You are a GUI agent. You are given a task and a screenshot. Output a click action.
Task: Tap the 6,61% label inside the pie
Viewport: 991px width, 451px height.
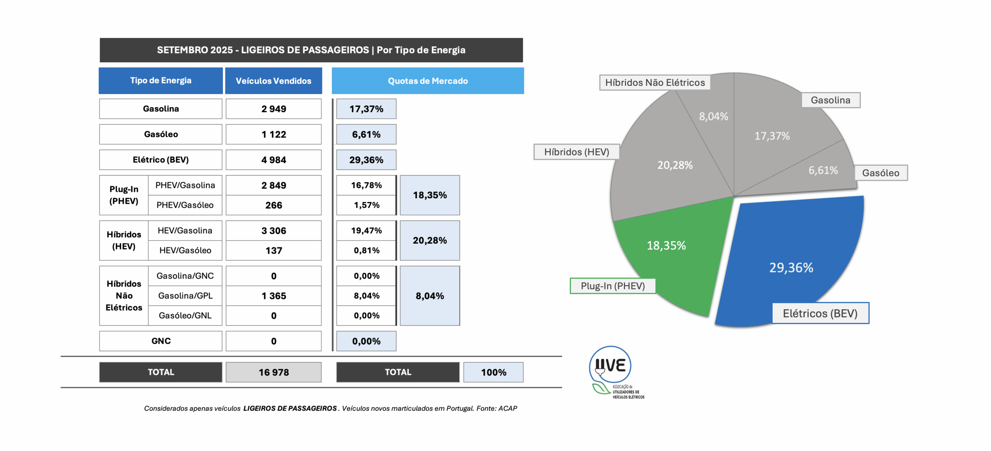(823, 170)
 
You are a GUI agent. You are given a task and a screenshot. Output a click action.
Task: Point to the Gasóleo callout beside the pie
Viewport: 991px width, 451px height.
(881, 173)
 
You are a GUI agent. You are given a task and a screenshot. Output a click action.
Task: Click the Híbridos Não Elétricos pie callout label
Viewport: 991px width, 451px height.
(655, 82)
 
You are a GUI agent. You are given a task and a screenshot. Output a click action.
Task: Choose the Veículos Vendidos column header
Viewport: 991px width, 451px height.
(273, 81)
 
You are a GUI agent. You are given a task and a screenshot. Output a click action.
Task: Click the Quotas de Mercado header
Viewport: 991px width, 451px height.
(428, 81)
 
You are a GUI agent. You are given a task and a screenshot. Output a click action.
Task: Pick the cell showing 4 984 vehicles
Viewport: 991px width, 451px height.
(273, 160)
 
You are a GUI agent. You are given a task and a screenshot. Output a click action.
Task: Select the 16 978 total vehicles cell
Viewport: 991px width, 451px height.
(273, 372)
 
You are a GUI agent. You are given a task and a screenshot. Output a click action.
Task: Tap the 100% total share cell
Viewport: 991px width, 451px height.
(493, 372)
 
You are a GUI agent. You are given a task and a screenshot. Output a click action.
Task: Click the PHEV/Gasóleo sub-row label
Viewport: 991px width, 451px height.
(185, 205)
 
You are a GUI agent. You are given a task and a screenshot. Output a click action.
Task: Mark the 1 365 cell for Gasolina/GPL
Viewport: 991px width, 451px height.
(273, 296)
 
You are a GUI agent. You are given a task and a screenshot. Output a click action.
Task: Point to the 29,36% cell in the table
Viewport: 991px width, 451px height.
(366, 160)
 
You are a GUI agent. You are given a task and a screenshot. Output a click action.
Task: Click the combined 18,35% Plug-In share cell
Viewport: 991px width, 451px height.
(430, 195)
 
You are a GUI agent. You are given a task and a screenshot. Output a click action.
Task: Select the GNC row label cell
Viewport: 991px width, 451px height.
(161, 341)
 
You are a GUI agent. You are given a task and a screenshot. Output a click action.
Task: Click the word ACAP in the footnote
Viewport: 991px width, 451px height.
(508, 408)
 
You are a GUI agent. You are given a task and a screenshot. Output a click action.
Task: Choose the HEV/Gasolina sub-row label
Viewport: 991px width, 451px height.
(185, 231)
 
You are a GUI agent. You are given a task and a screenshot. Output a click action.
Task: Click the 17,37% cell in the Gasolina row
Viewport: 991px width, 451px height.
(366, 109)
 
